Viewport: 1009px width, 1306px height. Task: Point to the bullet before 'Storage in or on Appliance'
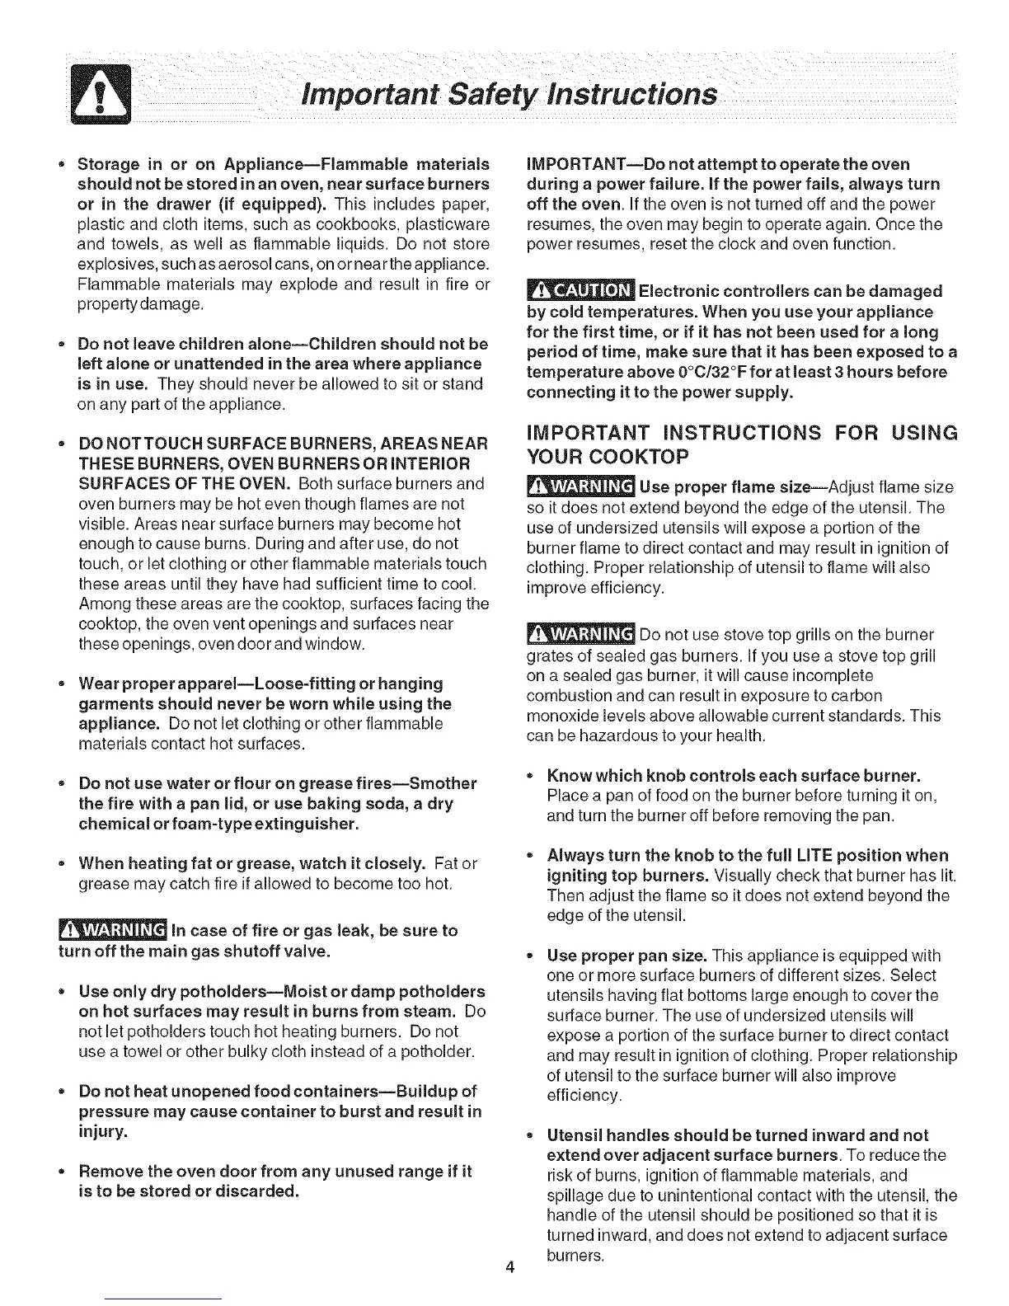tap(62, 163)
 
